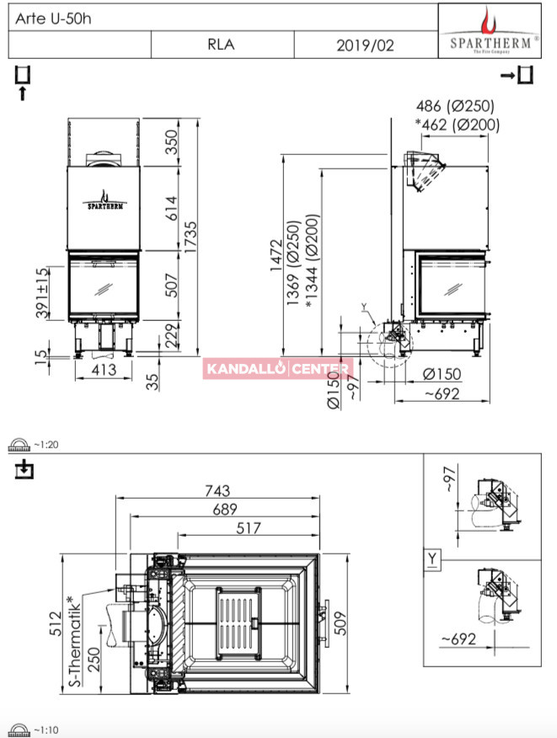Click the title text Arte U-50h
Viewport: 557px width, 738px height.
coord(53,19)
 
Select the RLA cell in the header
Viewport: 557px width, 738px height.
coord(222,45)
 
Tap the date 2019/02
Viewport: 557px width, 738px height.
coord(365,45)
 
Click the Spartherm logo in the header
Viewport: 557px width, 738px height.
coord(490,30)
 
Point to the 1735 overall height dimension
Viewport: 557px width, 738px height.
coord(191,238)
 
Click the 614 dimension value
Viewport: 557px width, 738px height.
coord(171,208)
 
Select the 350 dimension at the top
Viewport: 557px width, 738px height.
coord(171,142)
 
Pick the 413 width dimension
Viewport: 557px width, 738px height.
coord(104,370)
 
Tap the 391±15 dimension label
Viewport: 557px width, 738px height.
coord(42,291)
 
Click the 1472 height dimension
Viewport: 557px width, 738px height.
coord(276,255)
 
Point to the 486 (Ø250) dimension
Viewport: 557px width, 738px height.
coord(455,106)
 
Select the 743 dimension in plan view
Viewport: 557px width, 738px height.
coord(217,490)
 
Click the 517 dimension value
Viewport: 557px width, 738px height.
coord(248,528)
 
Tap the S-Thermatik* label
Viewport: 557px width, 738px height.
coord(74,640)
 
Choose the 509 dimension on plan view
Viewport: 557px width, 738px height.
coord(340,623)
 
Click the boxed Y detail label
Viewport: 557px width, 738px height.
coord(432,559)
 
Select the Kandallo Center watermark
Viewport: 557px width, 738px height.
coord(278,368)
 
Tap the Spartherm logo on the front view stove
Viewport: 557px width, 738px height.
coord(105,201)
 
